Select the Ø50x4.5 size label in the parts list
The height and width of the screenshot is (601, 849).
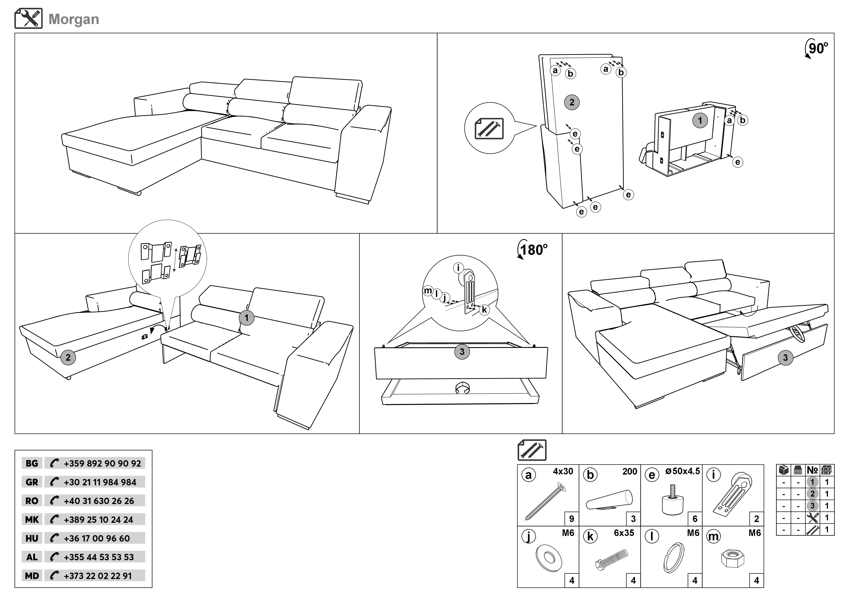click(x=682, y=471)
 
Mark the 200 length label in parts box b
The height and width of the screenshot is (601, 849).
click(x=629, y=471)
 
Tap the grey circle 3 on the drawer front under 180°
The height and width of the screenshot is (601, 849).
click(x=462, y=352)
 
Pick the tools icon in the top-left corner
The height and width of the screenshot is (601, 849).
click(x=28, y=19)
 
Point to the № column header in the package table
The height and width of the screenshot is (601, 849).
click(x=812, y=470)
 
